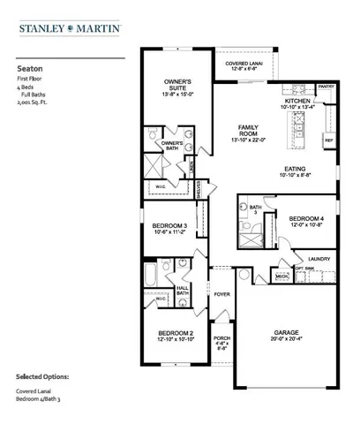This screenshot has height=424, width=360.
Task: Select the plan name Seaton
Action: coord(27,65)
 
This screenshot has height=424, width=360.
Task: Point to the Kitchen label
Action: coord(296,102)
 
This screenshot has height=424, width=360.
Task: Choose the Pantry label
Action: coord(326,87)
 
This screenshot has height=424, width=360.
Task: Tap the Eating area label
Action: coord(296,170)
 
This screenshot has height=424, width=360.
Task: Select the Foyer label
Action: coord(222,295)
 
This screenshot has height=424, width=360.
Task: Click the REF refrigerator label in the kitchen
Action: coord(328,140)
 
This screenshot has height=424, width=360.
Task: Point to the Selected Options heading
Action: coord(41,375)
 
